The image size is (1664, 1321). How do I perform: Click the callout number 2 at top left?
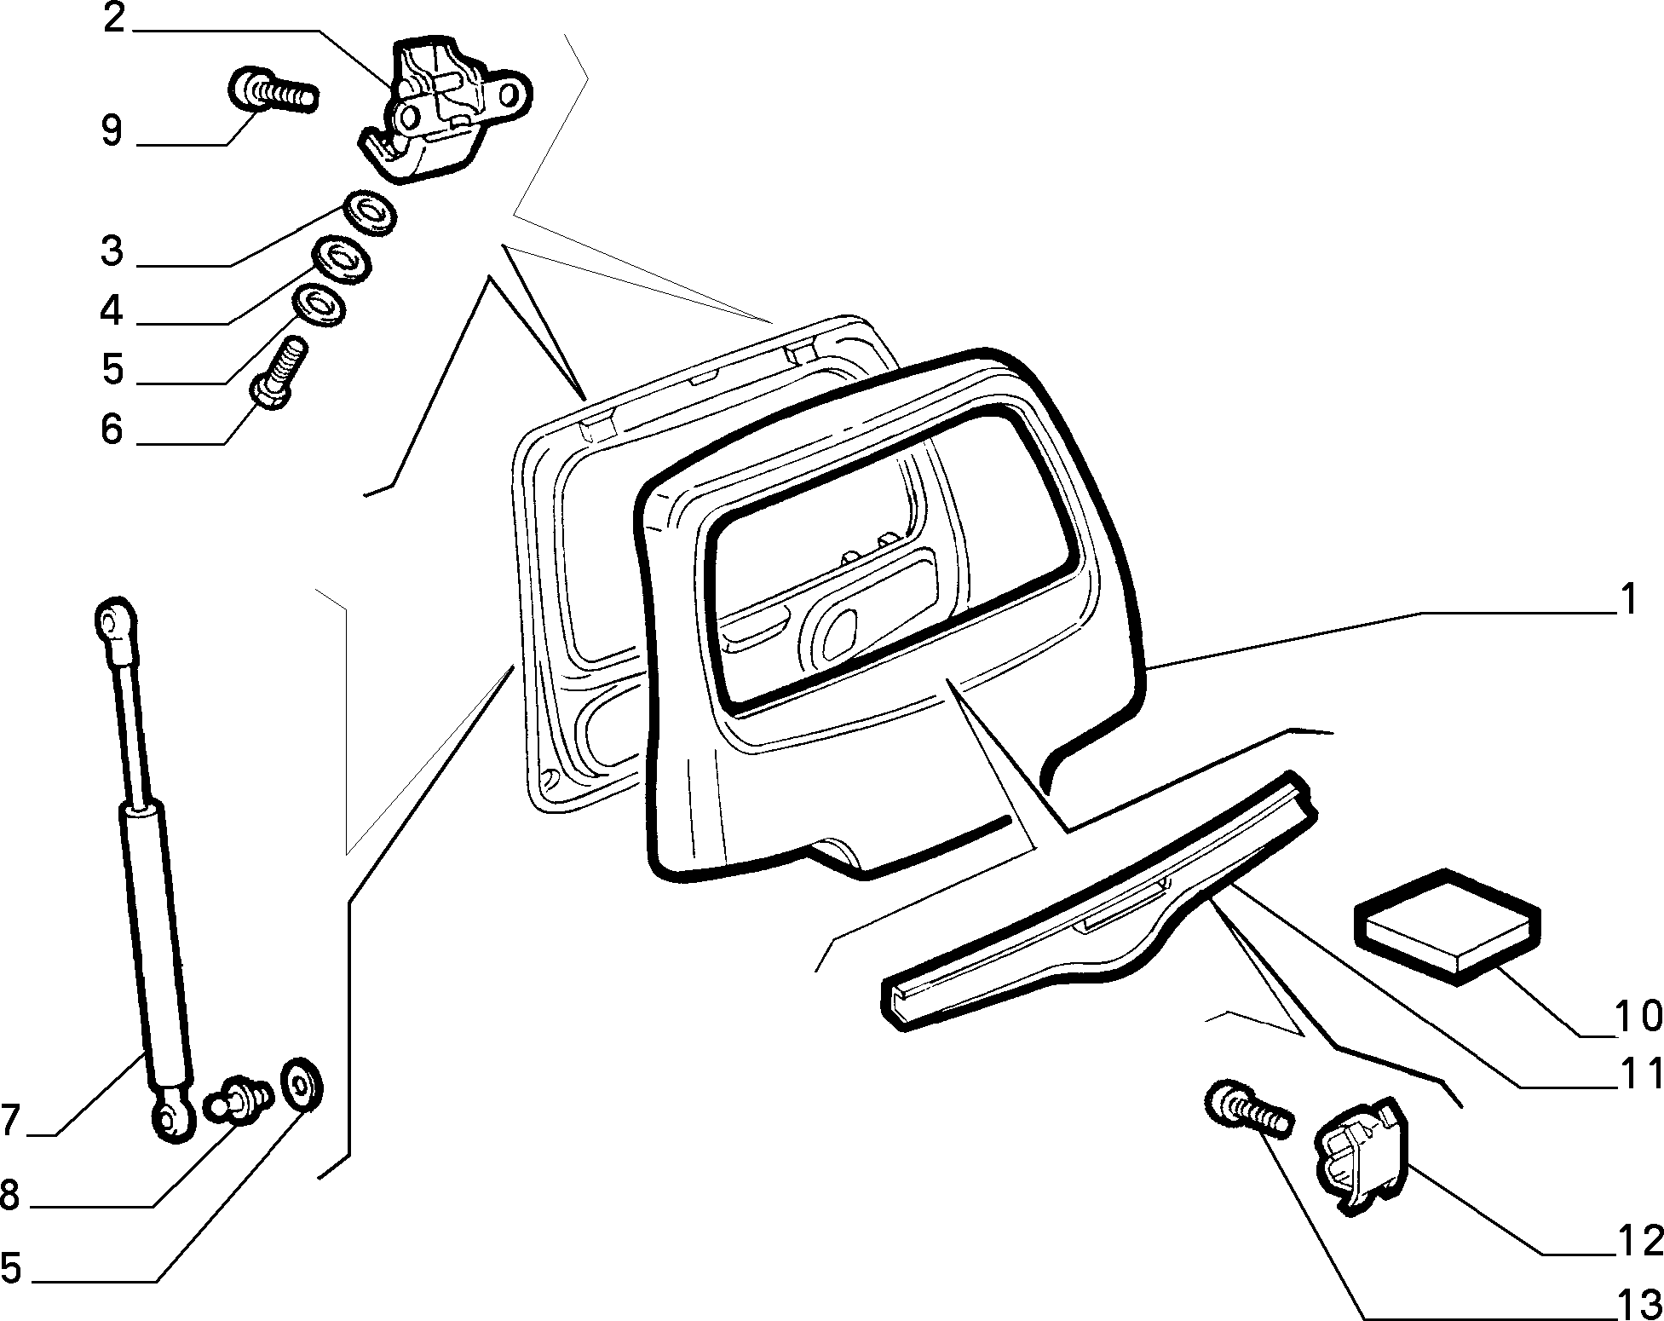point(113,19)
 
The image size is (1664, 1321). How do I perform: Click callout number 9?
point(112,131)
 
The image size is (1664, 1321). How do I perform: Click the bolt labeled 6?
point(279,374)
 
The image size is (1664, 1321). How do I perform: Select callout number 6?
point(112,429)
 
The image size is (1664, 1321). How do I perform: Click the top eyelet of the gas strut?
point(113,620)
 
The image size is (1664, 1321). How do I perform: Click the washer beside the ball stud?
point(301,1084)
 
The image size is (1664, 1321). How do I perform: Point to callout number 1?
point(1628,599)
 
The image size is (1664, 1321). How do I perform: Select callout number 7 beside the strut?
point(11,1120)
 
